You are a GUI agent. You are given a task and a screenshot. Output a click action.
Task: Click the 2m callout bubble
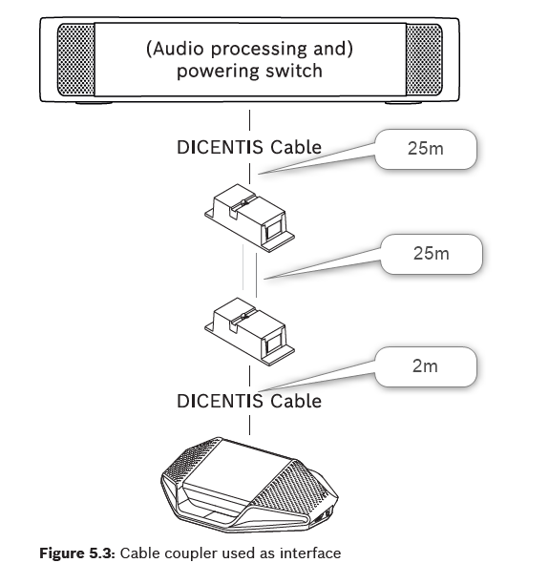tap(426, 366)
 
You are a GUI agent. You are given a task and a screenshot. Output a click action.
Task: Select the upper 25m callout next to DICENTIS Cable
tap(426, 149)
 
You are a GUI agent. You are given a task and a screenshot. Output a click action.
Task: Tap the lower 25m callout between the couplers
tap(432, 255)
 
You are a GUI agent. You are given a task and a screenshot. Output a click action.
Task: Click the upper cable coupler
tap(249, 218)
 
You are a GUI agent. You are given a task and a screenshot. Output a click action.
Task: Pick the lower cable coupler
tap(249, 331)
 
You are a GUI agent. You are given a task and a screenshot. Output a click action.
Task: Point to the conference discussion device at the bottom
tap(250, 485)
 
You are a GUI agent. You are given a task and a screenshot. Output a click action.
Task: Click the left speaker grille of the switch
tap(75, 59)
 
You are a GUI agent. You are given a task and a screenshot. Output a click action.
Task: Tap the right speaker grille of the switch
tap(424, 59)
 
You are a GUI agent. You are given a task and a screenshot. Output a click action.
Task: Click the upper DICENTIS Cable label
tap(249, 148)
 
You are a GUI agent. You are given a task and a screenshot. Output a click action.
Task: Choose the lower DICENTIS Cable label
tap(249, 402)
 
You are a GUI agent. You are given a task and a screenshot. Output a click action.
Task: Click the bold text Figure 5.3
tap(77, 553)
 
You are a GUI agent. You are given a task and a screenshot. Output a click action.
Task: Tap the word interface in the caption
tap(310, 553)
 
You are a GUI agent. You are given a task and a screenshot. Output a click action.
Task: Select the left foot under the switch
tap(94, 102)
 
